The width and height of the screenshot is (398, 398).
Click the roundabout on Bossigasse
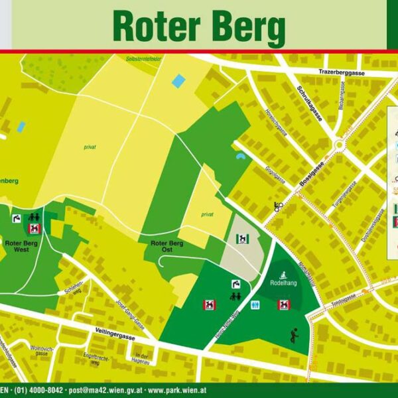point(341,143)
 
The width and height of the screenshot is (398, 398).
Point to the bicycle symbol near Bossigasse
point(279,206)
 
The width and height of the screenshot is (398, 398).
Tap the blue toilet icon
point(256,305)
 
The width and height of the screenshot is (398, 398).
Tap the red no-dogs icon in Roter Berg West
point(33,229)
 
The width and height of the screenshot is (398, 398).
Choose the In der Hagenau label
point(141,359)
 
